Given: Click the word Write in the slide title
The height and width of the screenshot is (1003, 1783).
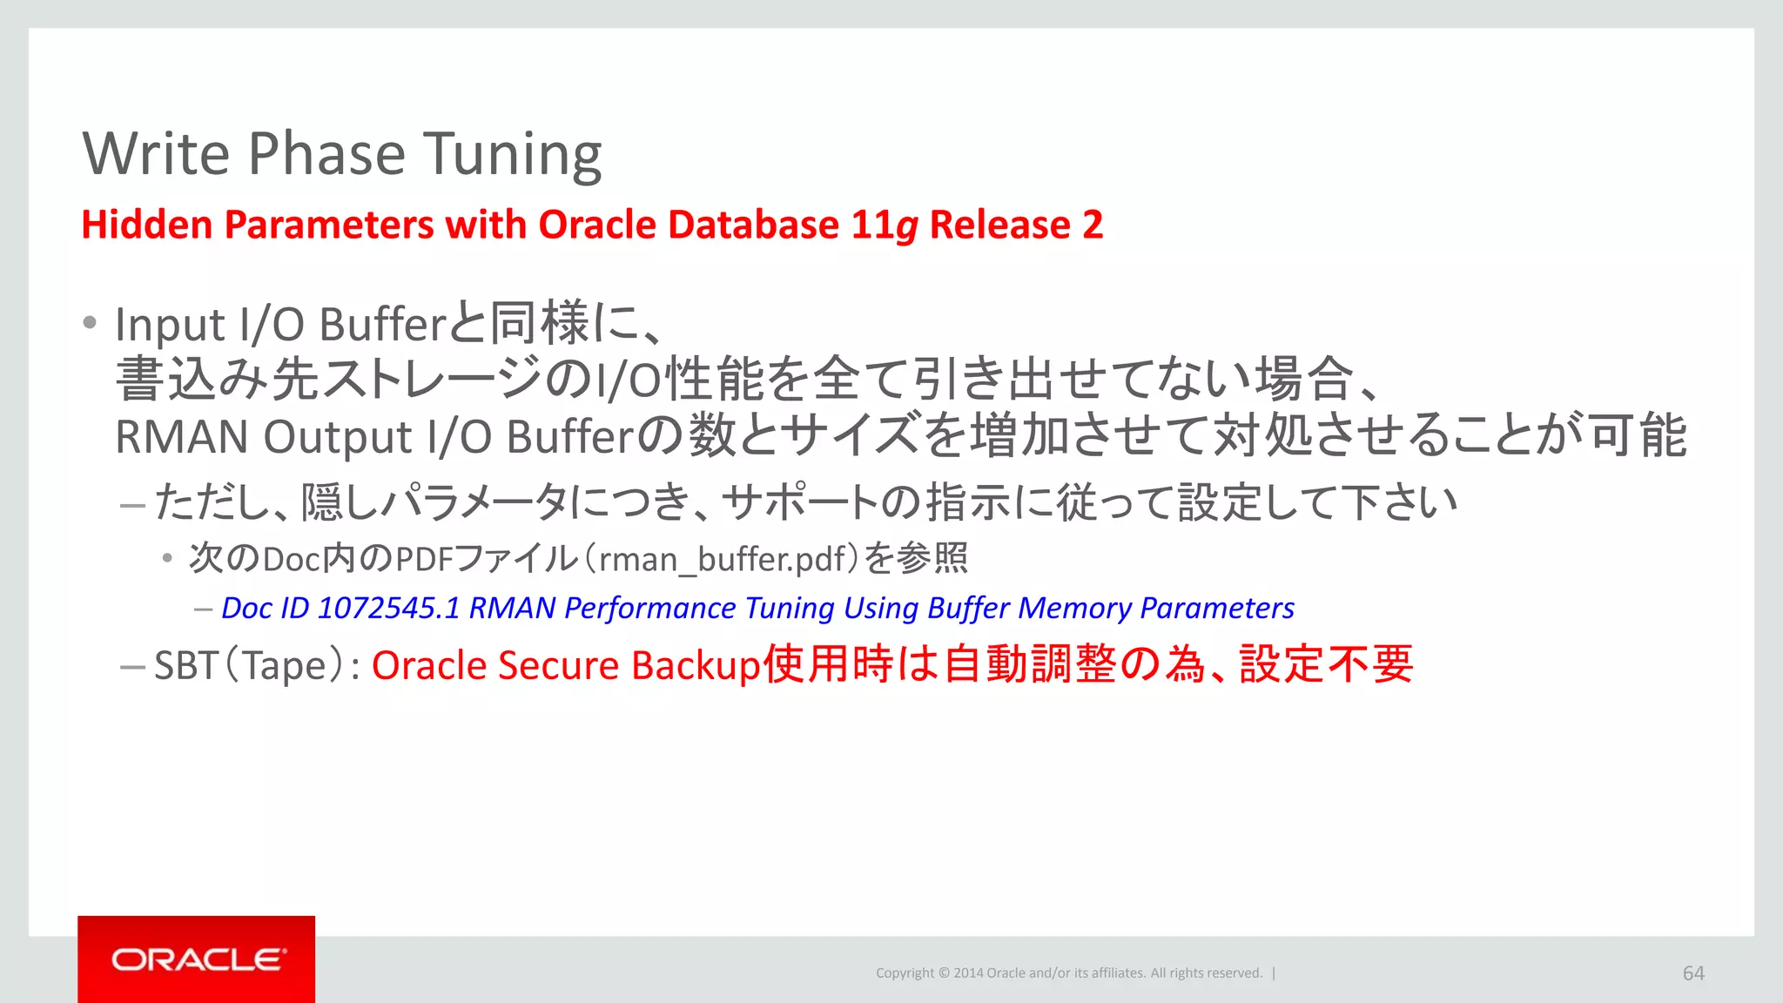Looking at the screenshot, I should tap(157, 154).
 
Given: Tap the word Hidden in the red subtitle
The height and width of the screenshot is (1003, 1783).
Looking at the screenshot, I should tap(147, 225).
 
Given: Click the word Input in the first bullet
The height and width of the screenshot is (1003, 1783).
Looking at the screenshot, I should tap(170, 326).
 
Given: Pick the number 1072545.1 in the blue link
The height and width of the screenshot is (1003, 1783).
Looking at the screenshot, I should tap(388, 608).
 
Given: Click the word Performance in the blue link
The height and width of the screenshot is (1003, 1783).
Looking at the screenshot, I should tap(649, 609).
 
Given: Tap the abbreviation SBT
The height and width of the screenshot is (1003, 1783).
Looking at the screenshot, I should tap(186, 666).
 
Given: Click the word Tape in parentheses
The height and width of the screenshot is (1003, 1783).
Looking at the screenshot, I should tap(284, 667).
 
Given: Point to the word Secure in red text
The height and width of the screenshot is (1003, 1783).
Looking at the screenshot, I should tap(558, 666).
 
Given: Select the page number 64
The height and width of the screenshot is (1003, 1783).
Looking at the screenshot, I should tap(1693, 973).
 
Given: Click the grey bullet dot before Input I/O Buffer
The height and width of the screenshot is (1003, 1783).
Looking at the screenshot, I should tap(90, 323).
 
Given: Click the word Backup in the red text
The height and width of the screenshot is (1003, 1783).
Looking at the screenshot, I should tap(696, 667).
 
